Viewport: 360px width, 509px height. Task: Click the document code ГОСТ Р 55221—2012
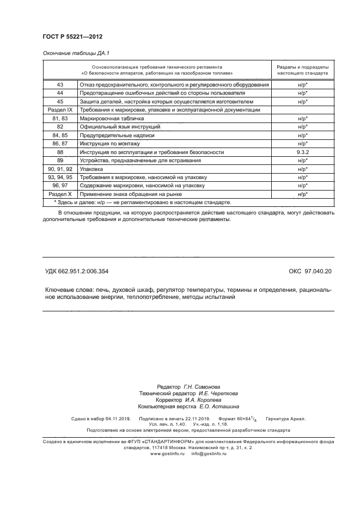click(72, 36)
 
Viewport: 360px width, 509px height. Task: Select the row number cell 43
click(60, 85)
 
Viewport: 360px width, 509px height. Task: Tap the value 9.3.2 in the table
click(303, 152)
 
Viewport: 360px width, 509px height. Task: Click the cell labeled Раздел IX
click(60, 110)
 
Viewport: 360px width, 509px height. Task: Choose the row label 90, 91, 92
click(60, 169)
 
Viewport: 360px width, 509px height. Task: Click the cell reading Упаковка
click(93, 169)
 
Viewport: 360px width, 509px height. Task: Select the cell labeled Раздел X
click(60, 194)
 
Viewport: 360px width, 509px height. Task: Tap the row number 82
click(60, 126)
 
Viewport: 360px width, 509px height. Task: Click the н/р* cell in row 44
click(303, 93)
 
